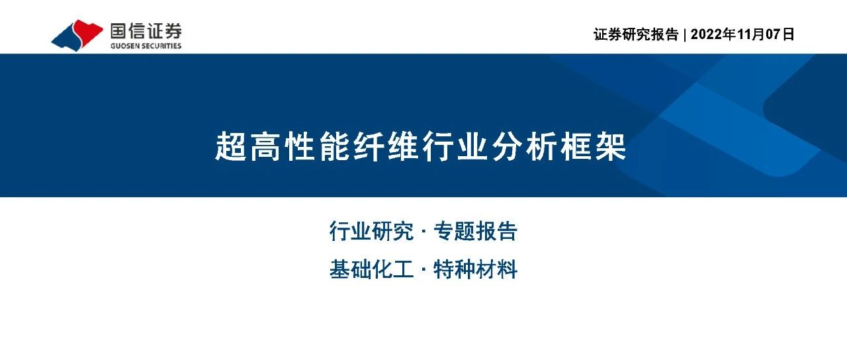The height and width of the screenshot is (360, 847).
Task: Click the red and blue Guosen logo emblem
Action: pyautogui.click(x=77, y=35)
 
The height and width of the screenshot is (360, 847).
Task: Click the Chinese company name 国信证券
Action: pyautogui.click(x=146, y=31)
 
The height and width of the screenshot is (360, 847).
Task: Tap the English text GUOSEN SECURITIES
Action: pyautogui.click(x=146, y=46)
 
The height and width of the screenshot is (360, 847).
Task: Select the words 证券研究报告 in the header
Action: pyautogui.click(x=636, y=34)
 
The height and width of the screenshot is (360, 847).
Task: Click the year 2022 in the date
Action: pyautogui.click(x=706, y=34)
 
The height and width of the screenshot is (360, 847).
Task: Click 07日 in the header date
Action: pyautogui.click(x=780, y=34)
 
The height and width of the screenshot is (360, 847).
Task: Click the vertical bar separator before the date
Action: pyautogui.click(x=685, y=34)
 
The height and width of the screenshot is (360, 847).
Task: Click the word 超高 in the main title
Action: pyautogui.click(x=247, y=146)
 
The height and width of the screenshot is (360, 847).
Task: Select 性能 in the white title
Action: pyautogui.click(x=317, y=146)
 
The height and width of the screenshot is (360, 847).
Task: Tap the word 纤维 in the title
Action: pyautogui.click(x=386, y=146)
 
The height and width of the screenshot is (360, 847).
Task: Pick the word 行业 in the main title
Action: pyautogui.click(x=455, y=146)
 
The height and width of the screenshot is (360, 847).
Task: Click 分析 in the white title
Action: pyautogui.click(x=523, y=146)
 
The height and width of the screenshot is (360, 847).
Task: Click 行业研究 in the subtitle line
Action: pyautogui.click(x=371, y=231)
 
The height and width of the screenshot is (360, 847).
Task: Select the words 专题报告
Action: pyautogui.click(x=475, y=231)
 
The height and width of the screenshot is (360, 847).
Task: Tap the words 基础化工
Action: pyautogui.click(x=371, y=269)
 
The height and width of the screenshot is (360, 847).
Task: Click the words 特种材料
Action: pyautogui.click(x=475, y=269)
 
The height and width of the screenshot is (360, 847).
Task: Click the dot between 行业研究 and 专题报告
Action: pyautogui.click(x=423, y=231)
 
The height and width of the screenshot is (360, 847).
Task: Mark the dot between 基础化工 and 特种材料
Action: pyautogui.click(x=423, y=269)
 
